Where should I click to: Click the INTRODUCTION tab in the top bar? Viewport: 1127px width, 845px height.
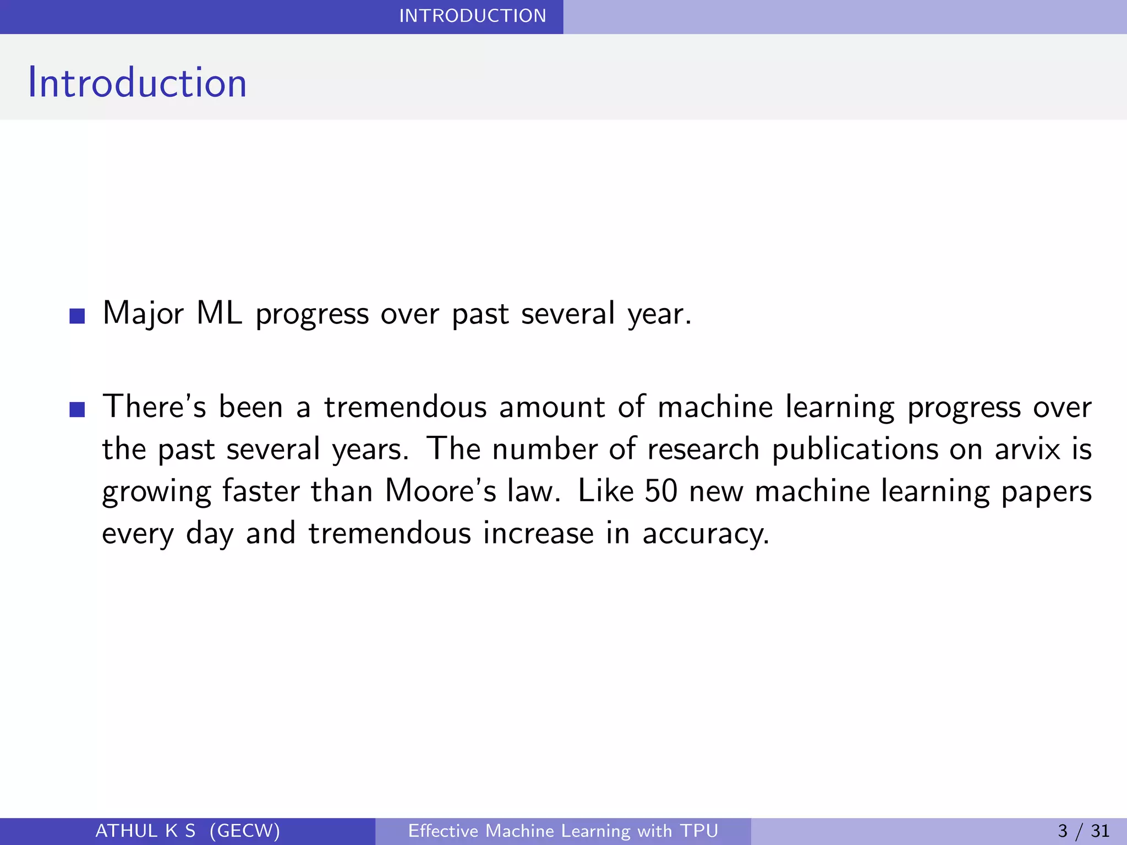[472, 16]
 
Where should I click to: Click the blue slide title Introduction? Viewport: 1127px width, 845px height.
[137, 83]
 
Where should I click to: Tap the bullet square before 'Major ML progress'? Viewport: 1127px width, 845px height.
[78, 316]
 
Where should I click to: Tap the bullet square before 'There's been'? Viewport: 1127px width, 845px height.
[78, 410]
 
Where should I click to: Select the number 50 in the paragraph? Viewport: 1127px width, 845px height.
[660, 491]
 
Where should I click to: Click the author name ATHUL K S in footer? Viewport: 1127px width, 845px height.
[145, 831]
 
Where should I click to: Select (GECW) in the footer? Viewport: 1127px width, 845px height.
[245, 831]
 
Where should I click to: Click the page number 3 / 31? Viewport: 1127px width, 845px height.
[1084, 831]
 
